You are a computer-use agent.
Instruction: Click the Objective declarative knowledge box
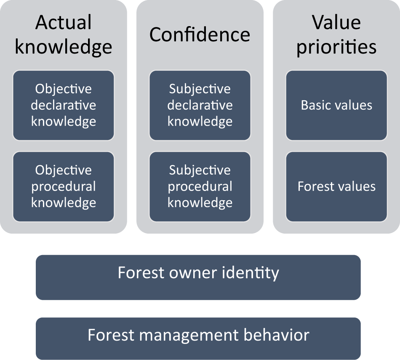pyautogui.click(x=64, y=105)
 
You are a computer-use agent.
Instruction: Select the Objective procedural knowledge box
pyautogui.click(x=64, y=186)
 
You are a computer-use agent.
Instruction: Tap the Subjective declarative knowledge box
pyautogui.click(x=200, y=105)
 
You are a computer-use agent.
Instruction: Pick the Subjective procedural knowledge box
pyautogui.click(x=200, y=186)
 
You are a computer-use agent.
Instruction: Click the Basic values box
pyautogui.click(x=336, y=105)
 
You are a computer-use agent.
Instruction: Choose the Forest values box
pyautogui.click(x=336, y=186)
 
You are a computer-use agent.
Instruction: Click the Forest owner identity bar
pyautogui.click(x=198, y=277)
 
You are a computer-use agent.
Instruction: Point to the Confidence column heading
pyautogui.click(x=200, y=35)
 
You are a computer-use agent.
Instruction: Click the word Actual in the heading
pyautogui.click(x=64, y=22)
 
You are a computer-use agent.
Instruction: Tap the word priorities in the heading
pyautogui.click(x=336, y=47)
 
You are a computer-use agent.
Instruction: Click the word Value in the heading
pyautogui.click(x=336, y=22)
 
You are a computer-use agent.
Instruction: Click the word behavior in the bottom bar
pyautogui.click(x=277, y=335)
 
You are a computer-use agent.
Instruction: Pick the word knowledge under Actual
pyautogui.click(x=64, y=47)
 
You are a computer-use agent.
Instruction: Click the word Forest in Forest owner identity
pyautogui.click(x=141, y=273)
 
